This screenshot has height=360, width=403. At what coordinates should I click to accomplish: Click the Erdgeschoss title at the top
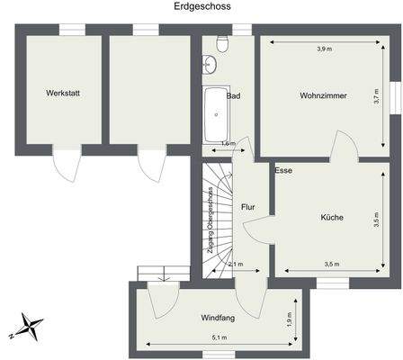tap(201, 6)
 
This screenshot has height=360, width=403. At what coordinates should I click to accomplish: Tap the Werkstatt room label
tap(63, 94)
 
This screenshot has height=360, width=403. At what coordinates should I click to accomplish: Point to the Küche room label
tap(330, 217)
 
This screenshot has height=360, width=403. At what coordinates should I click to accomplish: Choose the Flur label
tap(248, 208)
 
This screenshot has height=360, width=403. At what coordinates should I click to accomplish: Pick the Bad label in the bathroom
tap(234, 96)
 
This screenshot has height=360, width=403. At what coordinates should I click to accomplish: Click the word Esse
tap(284, 169)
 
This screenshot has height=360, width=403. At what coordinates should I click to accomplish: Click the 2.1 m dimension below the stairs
tap(236, 265)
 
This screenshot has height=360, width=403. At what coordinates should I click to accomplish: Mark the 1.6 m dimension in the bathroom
tap(228, 143)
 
